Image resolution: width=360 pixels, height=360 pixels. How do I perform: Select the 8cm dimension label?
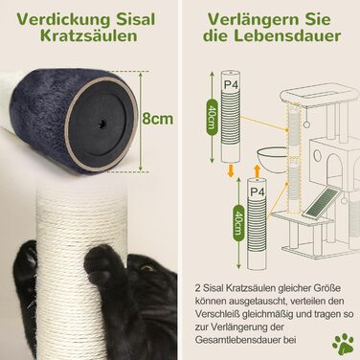[x=157, y=119]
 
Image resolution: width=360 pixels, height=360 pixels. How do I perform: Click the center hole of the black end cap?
[x=102, y=123]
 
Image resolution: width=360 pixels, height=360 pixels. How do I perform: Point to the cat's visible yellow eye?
[x=147, y=268]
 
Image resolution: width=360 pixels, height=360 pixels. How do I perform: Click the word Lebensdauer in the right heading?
[x=288, y=35]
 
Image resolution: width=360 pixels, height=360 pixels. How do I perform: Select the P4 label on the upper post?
[x=231, y=85]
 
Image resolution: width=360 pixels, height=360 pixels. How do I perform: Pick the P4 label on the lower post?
[x=258, y=191]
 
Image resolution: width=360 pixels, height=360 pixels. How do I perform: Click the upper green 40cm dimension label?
[x=212, y=120]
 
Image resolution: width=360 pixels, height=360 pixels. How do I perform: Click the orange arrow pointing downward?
[x=230, y=170]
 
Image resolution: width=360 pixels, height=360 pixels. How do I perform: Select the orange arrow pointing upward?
[x=257, y=169]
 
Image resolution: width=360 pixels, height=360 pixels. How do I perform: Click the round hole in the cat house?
[x=317, y=155]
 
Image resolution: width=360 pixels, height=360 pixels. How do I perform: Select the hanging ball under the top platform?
[x=306, y=124]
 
